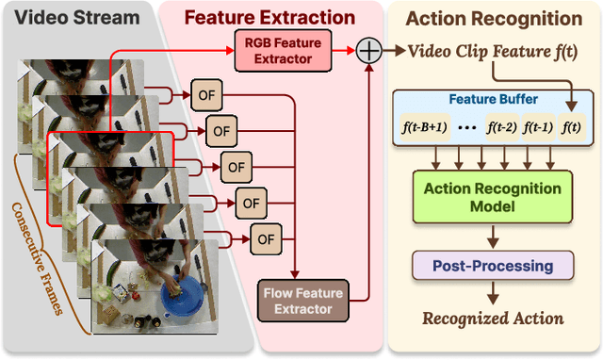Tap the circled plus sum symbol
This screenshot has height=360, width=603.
[x=369, y=51]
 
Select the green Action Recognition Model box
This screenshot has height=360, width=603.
[x=493, y=197]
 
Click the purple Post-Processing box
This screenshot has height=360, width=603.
[x=493, y=267]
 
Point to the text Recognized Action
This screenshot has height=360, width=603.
[x=493, y=319]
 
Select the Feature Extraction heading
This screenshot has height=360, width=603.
[x=269, y=17]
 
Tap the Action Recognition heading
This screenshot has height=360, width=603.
[x=493, y=18]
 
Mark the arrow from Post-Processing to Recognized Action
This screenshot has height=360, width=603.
[x=493, y=293]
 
